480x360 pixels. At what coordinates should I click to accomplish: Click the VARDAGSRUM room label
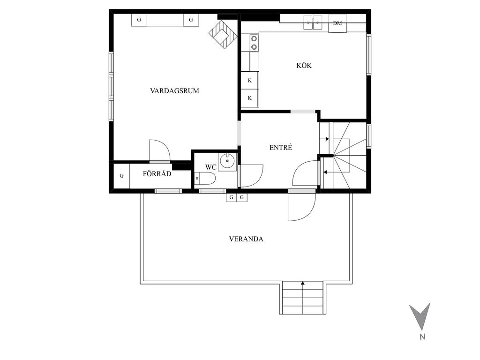pos(174,90)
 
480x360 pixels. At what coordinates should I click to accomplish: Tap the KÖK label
pos(304,65)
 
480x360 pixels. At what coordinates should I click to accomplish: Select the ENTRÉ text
pos(281,147)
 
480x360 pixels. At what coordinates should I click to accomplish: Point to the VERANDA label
pos(246,239)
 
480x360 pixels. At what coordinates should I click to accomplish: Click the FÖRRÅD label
pos(157,173)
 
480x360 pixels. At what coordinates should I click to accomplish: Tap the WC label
pos(210,167)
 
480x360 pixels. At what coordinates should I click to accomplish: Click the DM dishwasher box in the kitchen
pos(337,23)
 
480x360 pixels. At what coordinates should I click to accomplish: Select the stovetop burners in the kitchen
pos(254,43)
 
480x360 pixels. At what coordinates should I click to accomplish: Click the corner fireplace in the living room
pos(223,34)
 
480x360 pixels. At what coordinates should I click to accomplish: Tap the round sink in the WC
pos(227,161)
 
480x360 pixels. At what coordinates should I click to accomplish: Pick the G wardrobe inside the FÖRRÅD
pos(121,176)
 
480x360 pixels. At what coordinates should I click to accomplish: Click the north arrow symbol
pos(420,316)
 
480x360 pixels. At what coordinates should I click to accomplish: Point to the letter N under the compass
pos(422,337)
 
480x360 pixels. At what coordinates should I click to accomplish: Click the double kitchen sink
pos(313,22)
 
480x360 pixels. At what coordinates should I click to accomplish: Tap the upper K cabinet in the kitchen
pos(250,81)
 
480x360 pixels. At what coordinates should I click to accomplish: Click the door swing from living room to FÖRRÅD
pos(159,150)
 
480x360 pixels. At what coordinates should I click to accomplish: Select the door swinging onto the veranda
pos(301,207)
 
